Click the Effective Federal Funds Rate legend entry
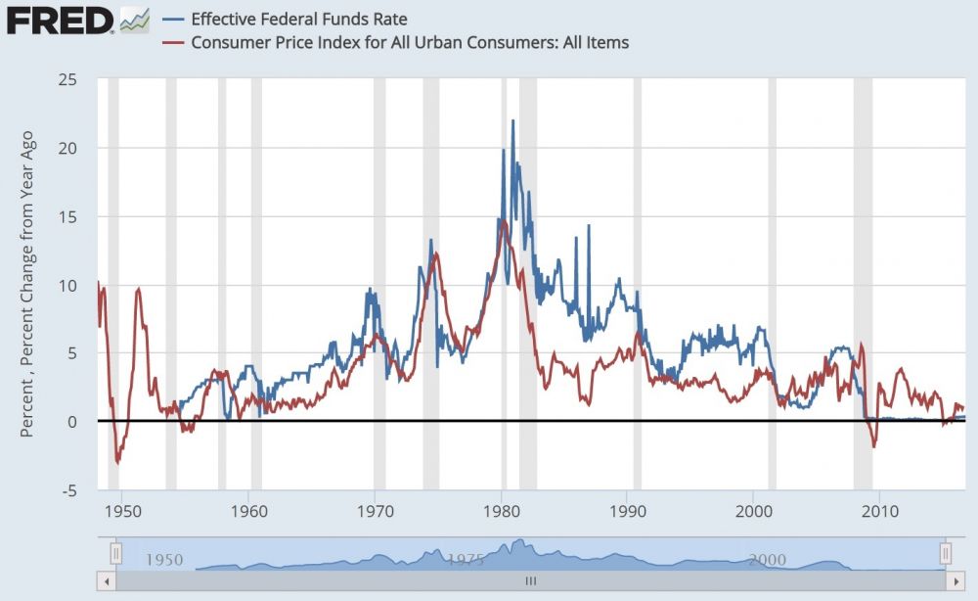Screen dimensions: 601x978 click(299, 19)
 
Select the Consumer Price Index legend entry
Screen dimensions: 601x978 click(410, 42)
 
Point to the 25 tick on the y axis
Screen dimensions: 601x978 click(67, 79)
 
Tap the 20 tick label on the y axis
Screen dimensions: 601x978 click(67, 148)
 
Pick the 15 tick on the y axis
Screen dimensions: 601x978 click(67, 216)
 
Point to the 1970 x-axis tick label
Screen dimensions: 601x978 click(375, 510)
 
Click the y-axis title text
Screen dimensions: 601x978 click(27, 284)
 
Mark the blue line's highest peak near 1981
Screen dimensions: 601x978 click(512, 121)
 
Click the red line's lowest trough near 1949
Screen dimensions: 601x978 click(117, 462)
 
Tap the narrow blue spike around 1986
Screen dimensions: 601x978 click(589, 227)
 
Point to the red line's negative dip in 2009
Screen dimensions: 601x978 click(873, 446)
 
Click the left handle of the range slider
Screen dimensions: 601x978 click(115, 554)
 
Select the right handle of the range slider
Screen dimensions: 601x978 click(946, 554)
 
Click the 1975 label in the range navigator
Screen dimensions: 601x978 click(467, 560)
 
